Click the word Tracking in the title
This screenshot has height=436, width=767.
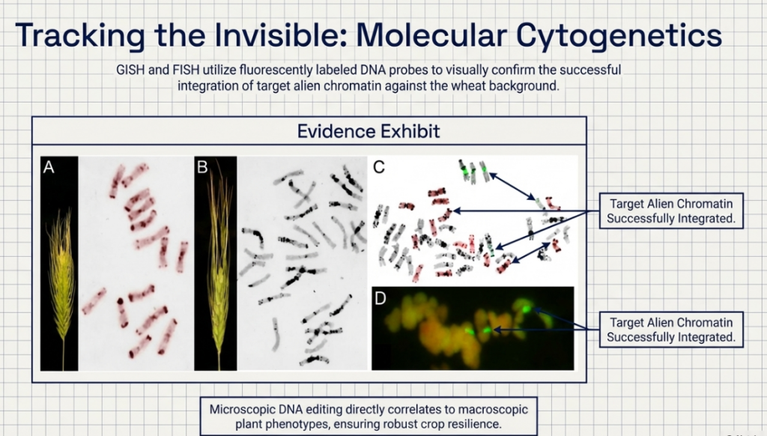(80, 36)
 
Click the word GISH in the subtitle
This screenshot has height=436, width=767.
(130, 70)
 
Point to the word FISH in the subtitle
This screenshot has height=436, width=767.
(186, 70)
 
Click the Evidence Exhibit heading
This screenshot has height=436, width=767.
(369, 131)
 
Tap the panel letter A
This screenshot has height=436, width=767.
(49, 167)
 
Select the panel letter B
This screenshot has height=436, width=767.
(202, 167)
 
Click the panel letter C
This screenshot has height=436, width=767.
(379, 167)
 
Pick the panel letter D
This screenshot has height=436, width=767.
(380, 298)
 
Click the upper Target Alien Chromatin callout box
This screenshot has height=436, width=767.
(671, 211)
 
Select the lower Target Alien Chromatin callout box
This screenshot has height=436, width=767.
(671, 330)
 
